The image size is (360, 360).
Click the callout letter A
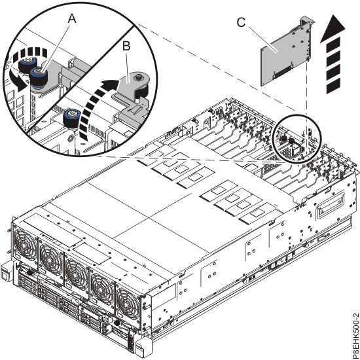coord(72,20)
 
